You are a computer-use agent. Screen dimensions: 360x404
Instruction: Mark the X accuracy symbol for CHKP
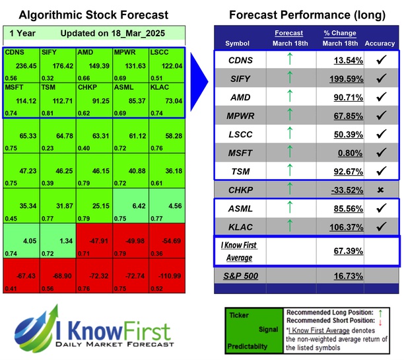(380, 190)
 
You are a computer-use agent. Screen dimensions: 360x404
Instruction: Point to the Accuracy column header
(380, 44)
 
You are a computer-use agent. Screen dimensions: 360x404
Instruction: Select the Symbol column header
(238, 44)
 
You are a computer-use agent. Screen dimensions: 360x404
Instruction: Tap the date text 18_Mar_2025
(135, 33)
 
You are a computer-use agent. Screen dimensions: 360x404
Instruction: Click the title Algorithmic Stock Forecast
(93, 15)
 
